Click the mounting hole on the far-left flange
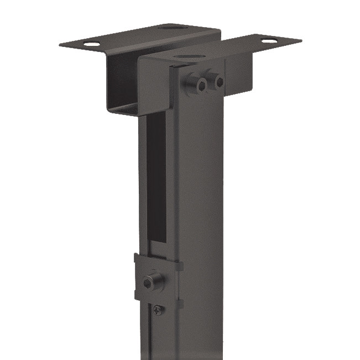(x=92, y=44)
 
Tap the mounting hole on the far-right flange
(x=269, y=40)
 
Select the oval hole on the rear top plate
(x=168, y=27)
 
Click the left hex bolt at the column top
(x=199, y=85)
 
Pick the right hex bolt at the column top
(x=219, y=82)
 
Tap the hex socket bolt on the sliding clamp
(x=150, y=282)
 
